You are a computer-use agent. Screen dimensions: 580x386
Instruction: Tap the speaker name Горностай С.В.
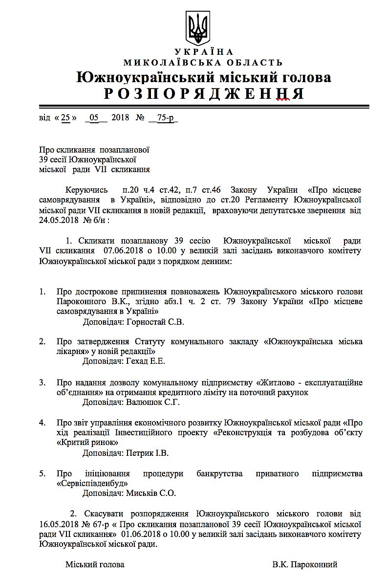pyautogui.click(x=155, y=322)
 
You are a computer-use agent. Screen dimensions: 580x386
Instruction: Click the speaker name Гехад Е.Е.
pyautogui.click(x=146, y=361)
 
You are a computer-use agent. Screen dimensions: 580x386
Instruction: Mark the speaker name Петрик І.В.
pyautogui.click(x=147, y=453)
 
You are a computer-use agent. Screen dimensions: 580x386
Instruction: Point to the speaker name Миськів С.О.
pyautogui.click(x=151, y=493)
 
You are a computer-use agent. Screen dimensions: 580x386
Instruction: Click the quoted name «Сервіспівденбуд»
pyautogui.click(x=91, y=483)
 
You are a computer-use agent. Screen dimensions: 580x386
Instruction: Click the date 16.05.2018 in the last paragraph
pyautogui.click(x=61, y=524)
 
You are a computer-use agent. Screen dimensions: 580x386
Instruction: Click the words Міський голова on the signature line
pyautogui.click(x=95, y=564)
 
